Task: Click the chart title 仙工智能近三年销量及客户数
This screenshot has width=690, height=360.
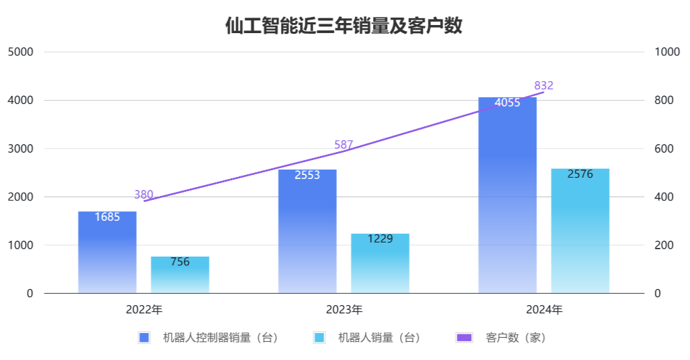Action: pos(344,26)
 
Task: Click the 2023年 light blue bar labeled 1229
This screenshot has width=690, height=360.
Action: pos(380,263)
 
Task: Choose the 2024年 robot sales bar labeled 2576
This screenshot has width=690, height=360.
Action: pos(580,230)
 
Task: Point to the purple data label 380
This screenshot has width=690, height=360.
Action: pos(143,195)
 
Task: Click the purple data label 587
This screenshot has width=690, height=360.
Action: pos(343,145)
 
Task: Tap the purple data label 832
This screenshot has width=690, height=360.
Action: pos(543,85)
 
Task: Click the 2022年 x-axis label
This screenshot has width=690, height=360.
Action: pos(143,310)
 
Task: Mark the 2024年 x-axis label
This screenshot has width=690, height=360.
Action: pos(544,310)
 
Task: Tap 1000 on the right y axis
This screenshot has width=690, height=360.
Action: pos(667,52)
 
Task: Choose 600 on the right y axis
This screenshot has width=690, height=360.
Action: pos(664,149)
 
